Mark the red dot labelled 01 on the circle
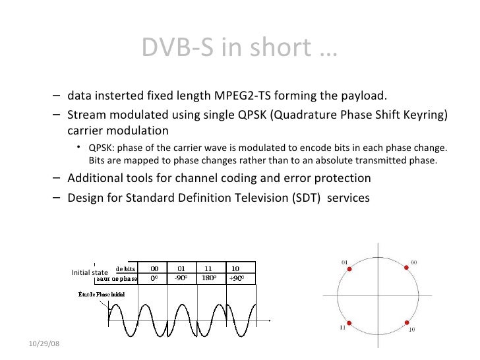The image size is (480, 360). (x=350, y=269)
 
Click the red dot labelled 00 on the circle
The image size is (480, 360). (x=405, y=269)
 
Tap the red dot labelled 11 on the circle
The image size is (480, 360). (x=350, y=322)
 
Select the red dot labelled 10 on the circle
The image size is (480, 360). (x=405, y=322)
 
